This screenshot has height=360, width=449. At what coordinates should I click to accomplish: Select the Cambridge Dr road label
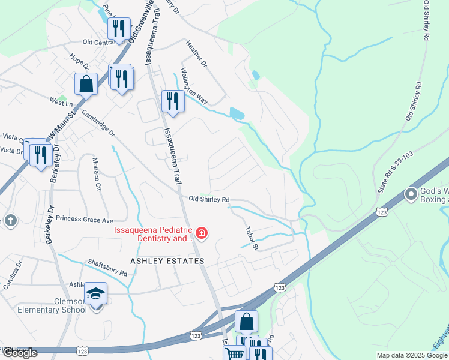(x=98, y=123)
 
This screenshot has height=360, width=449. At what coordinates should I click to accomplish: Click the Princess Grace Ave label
(x=85, y=220)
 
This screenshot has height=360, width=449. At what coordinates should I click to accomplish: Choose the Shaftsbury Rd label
(x=108, y=268)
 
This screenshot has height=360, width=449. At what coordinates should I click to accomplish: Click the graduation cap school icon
(x=95, y=293)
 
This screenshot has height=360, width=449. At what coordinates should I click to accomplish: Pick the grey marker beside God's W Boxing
(x=411, y=194)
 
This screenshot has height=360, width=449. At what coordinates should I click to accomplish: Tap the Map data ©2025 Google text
(x=412, y=355)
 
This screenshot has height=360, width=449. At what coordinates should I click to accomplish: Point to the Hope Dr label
(x=79, y=60)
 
